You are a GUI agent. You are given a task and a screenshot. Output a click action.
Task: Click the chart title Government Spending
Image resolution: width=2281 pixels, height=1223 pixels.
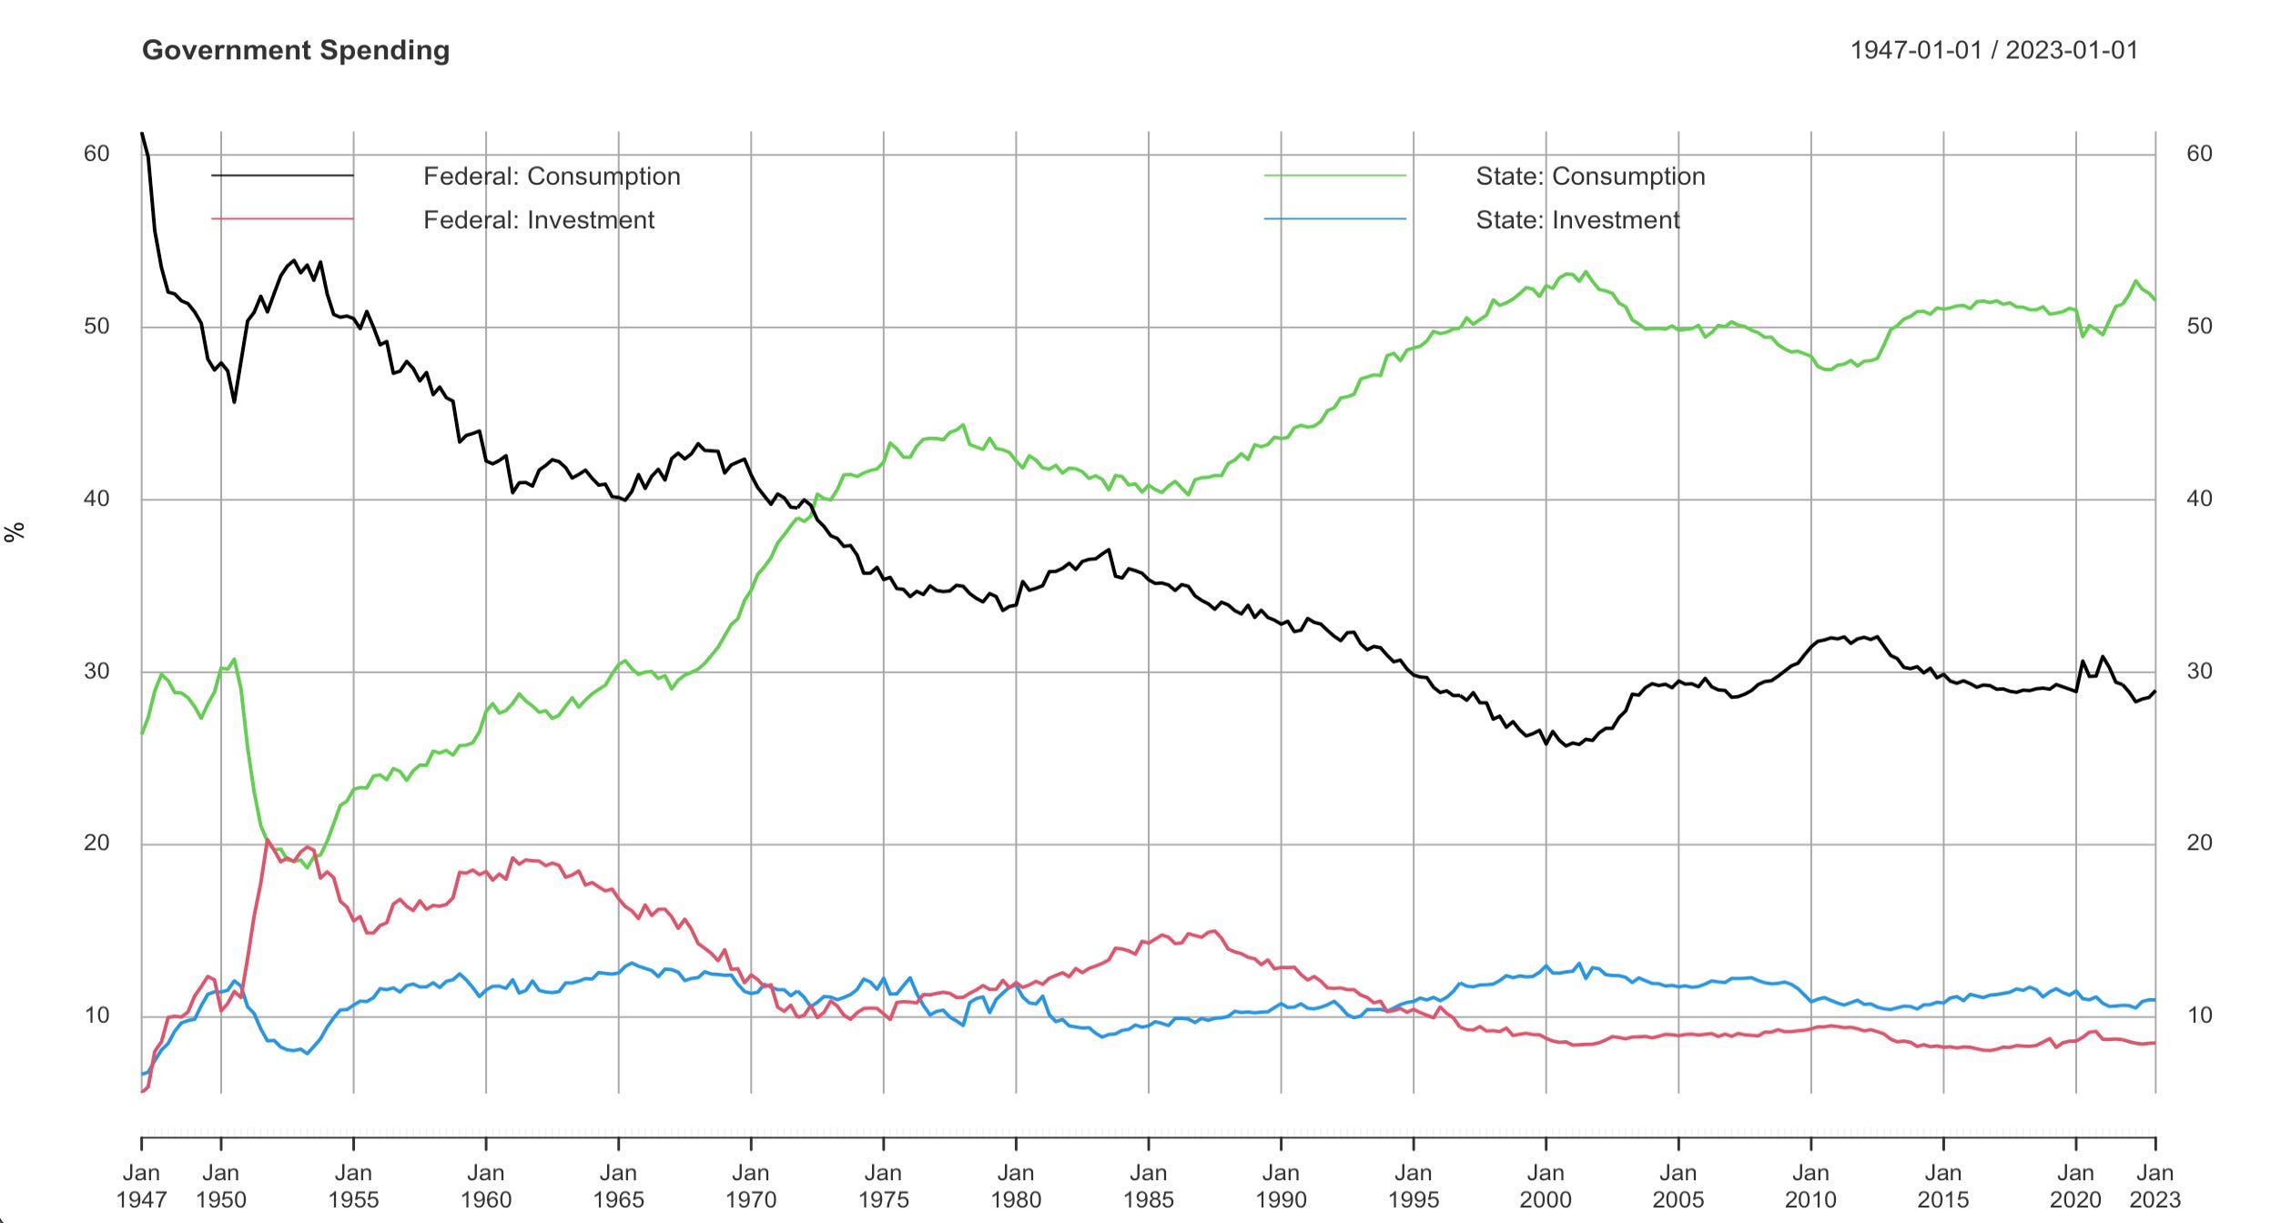[296, 50]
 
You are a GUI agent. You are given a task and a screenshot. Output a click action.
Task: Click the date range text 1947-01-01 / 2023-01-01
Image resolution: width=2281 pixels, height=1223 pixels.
[1993, 50]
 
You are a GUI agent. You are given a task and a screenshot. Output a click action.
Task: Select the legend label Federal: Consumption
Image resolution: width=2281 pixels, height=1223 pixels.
[552, 176]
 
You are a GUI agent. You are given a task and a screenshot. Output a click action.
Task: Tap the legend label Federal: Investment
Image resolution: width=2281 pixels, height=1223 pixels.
[539, 219]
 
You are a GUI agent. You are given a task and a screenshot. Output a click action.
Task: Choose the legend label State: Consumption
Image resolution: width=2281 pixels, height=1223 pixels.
[1590, 176]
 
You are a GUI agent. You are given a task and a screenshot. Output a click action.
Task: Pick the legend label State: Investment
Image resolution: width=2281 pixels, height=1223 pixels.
[1577, 219]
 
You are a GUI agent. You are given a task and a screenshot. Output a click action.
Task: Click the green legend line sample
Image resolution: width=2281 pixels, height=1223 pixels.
[1334, 176]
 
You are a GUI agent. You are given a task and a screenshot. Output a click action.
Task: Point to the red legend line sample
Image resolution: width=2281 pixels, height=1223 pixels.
[282, 219]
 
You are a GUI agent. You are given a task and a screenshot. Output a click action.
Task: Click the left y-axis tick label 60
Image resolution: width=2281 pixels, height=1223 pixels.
[96, 154]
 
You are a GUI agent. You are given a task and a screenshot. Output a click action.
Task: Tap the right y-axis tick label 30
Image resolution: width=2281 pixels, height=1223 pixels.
[2199, 672]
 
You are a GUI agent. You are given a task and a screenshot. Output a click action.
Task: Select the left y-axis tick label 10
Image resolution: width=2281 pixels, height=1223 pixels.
[96, 1016]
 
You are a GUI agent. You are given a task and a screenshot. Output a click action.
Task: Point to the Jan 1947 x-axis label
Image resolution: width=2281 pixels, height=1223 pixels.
[141, 1187]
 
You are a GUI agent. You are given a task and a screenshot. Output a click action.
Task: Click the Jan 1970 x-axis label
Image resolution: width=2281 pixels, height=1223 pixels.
[751, 1187]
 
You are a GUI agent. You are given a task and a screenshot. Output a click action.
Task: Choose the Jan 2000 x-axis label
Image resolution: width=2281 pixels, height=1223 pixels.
[1546, 1187]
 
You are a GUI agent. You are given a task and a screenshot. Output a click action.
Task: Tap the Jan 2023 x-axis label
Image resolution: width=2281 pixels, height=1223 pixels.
[2154, 1187]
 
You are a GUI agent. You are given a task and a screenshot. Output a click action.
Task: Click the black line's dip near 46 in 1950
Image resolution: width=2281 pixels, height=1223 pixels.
[234, 401]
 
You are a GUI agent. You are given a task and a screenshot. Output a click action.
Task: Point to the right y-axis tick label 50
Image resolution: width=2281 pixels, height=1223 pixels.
[2199, 326]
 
